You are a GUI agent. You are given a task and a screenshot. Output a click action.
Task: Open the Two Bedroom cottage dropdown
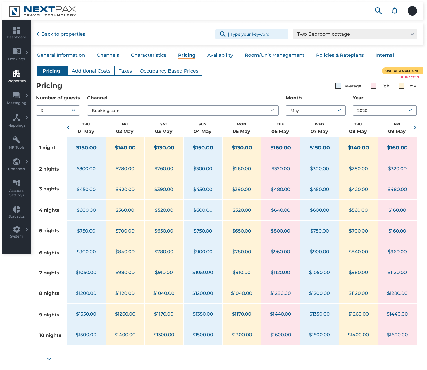(x=354, y=34)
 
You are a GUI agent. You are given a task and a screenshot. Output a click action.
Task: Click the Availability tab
(x=220, y=55)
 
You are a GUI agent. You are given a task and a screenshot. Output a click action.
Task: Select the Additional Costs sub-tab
(x=91, y=71)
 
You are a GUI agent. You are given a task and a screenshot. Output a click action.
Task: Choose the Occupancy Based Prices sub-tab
(x=169, y=71)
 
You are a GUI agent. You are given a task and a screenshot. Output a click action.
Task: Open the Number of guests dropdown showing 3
(x=58, y=111)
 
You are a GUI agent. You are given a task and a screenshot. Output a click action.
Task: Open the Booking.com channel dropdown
(x=182, y=111)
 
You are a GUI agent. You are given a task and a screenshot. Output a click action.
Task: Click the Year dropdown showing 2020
(x=384, y=111)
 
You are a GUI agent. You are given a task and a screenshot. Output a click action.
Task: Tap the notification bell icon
(x=395, y=11)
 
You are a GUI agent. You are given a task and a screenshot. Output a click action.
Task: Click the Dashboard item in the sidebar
(x=16, y=32)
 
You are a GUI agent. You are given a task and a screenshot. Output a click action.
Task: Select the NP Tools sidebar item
(x=16, y=142)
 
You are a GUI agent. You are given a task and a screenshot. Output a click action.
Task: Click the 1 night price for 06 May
(x=280, y=148)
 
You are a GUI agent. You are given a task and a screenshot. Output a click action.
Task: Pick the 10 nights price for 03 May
(x=163, y=335)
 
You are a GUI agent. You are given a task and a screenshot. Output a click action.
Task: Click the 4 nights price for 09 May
(x=397, y=210)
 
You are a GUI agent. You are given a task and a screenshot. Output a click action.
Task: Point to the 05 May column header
(x=241, y=128)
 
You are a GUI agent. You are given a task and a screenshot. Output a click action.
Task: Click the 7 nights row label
(x=49, y=273)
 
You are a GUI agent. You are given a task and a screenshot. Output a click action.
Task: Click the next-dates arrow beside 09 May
(x=415, y=128)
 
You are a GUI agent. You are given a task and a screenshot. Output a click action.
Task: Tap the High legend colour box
(x=373, y=86)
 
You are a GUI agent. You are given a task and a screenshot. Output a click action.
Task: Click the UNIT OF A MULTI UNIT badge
(x=402, y=71)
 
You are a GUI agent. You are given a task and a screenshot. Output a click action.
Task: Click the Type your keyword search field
(x=254, y=34)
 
